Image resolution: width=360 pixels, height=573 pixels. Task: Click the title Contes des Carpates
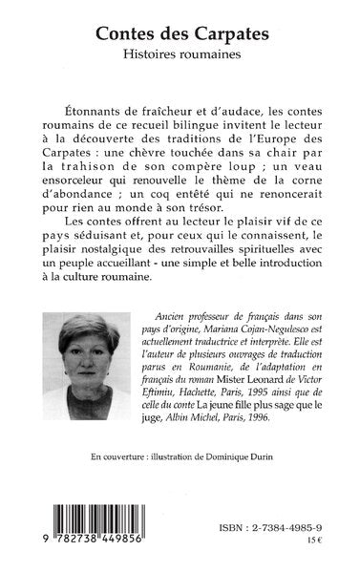(180, 34)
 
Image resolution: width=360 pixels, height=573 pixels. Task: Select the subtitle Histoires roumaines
(180, 57)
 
